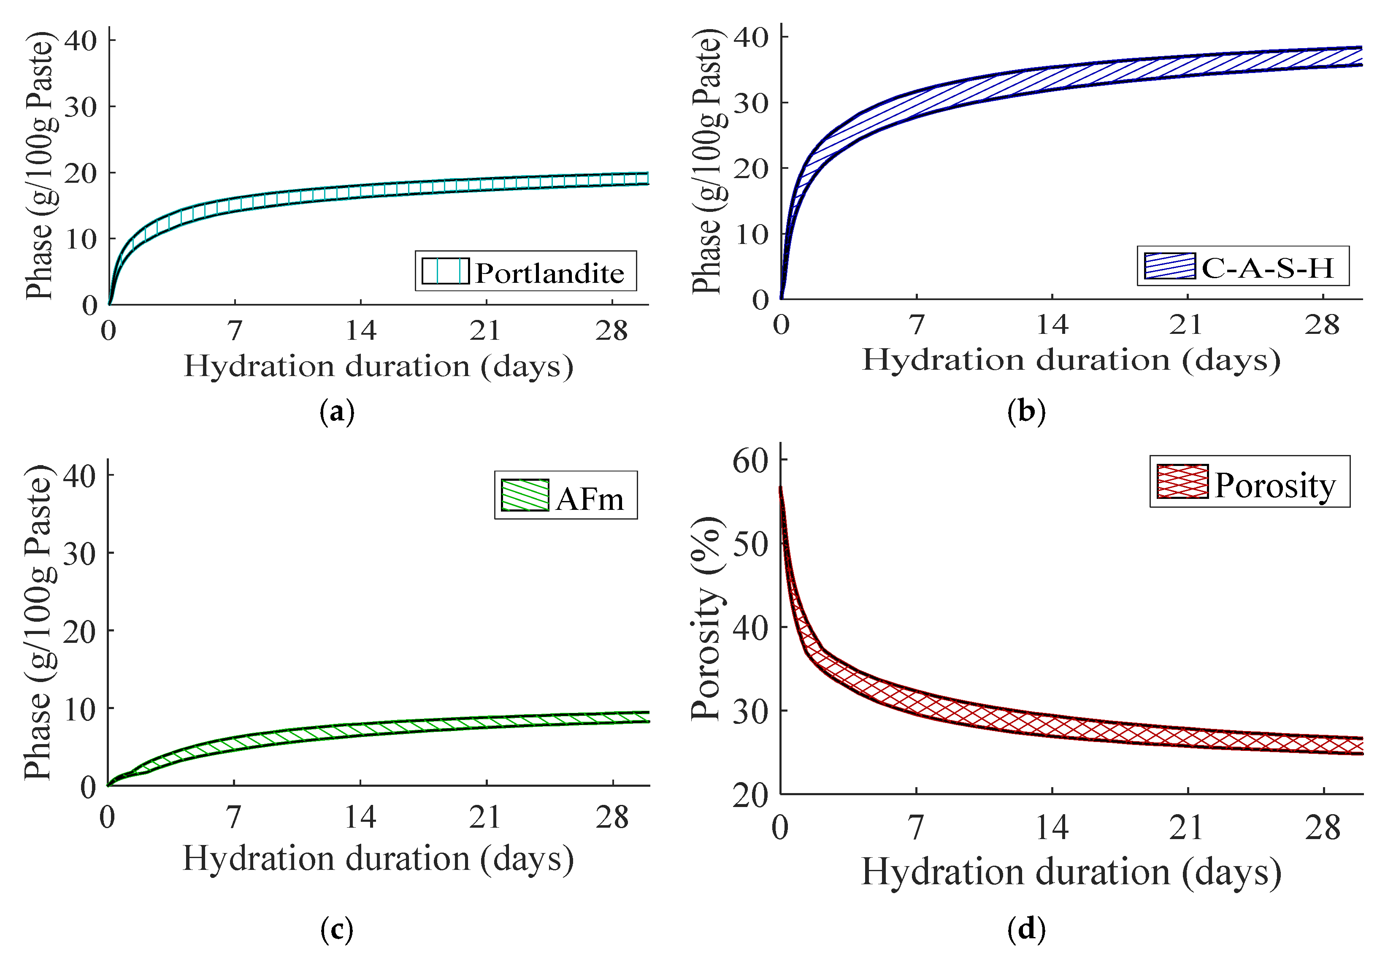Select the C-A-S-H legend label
pos(1267,268)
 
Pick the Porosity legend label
pos(1274,485)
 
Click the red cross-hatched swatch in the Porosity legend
pos(1182,481)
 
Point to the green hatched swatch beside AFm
pos(525,495)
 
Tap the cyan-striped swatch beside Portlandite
pos(445,271)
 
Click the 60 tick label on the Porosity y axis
pos(751,461)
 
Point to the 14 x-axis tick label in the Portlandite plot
pos(360,330)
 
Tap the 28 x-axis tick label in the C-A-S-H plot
pos(1322,325)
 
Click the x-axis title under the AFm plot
pos(379,859)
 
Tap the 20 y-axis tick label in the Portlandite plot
pos(81,173)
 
